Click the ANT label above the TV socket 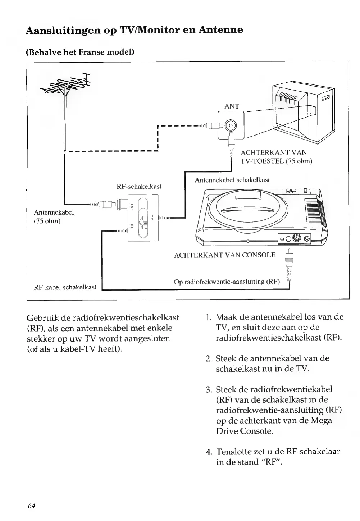click(x=232, y=106)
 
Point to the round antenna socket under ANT click(x=231, y=125)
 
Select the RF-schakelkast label click(x=139, y=186)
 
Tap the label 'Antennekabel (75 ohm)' click(x=54, y=216)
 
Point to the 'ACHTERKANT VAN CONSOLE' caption click(x=224, y=255)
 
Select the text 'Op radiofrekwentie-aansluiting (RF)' click(x=227, y=282)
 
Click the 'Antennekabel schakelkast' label click(x=232, y=180)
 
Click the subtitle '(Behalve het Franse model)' click(x=80, y=52)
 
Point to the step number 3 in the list click(x=208, y=389)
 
